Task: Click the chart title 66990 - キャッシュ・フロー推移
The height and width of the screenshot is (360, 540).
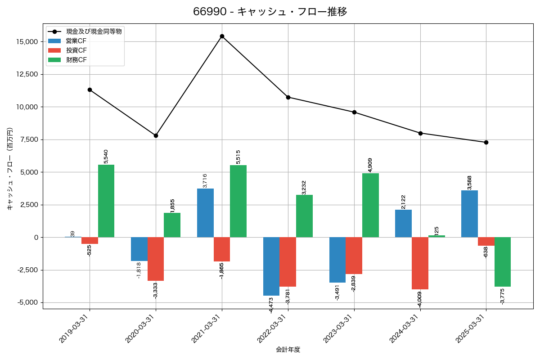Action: [270, 12]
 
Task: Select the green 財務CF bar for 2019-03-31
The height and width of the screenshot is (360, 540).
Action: [106, 201]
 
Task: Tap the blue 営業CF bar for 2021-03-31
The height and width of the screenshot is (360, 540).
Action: [205, 213]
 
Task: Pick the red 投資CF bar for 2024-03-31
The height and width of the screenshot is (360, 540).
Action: [420, 263]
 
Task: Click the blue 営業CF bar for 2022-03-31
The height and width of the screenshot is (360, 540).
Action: [271, 266]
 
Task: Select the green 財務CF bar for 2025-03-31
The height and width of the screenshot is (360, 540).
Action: [503, 262]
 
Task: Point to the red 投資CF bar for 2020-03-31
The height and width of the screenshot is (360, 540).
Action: [156, 259]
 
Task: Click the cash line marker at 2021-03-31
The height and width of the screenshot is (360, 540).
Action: [222, 36]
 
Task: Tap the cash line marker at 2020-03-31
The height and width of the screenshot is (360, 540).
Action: [156, 135]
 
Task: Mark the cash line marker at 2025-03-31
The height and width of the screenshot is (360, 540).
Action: [486, 142]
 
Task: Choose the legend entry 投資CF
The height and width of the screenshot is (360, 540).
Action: [76, 50]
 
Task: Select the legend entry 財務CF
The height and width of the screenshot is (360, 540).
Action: [76, 60]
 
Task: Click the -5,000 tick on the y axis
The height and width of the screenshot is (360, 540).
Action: [28, 302]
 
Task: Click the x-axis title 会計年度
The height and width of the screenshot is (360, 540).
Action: [288, 350]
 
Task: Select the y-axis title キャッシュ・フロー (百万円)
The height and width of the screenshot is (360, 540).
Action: [10, 169]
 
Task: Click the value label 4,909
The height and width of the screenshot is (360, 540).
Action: [370, 165]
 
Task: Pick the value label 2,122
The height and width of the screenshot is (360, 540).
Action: [404, 202]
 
